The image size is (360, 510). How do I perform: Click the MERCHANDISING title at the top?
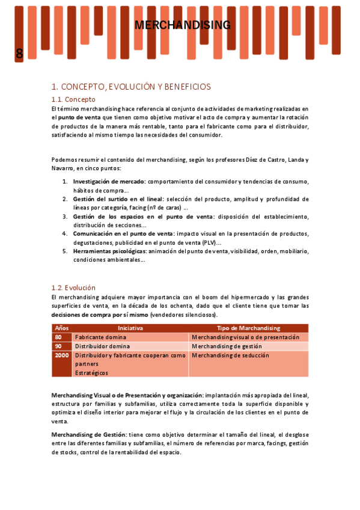tap(182, 25)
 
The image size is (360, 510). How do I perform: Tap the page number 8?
tap(19, 54)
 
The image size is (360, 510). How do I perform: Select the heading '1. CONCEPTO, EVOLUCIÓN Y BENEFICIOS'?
tap(131, 87)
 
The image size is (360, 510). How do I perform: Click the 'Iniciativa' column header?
tap(130, 328)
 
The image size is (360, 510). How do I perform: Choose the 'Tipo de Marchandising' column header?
tap(248, 328)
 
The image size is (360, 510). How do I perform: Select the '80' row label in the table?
tap(58, 337)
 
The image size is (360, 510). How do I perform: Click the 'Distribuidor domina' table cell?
tap(102, 346)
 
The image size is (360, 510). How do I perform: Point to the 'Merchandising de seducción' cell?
tap(230, 355)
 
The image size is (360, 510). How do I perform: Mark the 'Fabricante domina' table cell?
tap(100, 337)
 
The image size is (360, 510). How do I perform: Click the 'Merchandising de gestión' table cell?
tap(227, 346)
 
